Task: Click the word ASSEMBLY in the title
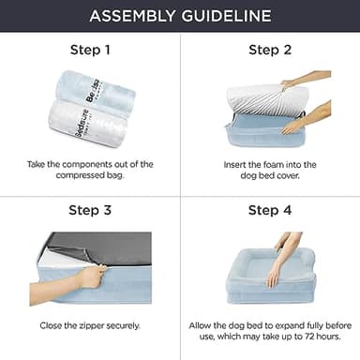pos(132,16)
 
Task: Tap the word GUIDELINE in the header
pos(227,16)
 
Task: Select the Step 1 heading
pos(90,50)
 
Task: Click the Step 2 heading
pos(270,50)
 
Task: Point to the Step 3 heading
pos(90,210)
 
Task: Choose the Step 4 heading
pos(270,210)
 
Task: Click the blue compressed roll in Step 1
pos(97,90)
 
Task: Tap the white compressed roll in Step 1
pos(88,123)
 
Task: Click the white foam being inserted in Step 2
pos(266,100)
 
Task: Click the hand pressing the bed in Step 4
pos(283,260)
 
